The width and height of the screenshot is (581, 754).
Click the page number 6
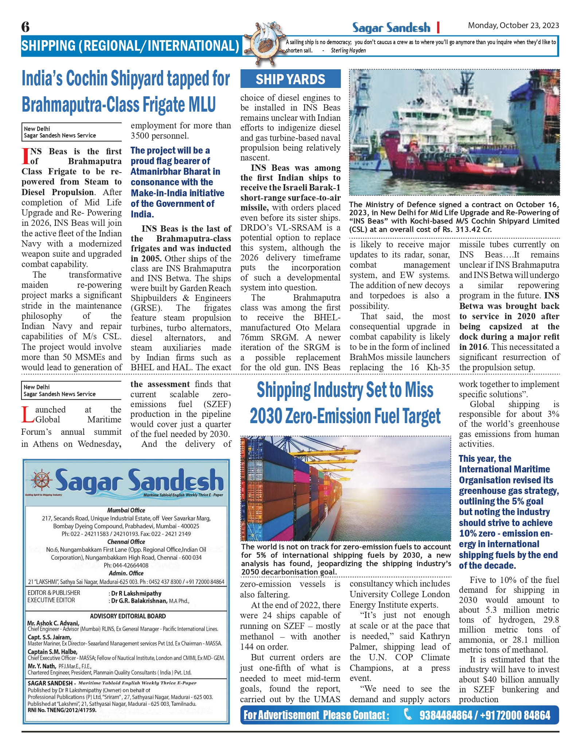pyautogui.click(x=25, y=27)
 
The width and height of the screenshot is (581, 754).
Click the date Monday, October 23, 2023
pyautogui.click(x=513, y=26)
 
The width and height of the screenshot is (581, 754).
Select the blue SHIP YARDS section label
pyautogui.click(x=290, y=79)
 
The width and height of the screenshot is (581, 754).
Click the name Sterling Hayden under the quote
pyautogui.click(x=348, y=50)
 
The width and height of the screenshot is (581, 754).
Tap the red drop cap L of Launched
pyautogui.click(x=27, y=415)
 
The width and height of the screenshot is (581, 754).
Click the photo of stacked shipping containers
pyautogui.click(x=345, y=488)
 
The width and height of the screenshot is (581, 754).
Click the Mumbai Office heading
pyautogui.click(x=126, y=510)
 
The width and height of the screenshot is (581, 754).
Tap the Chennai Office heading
pyautogui.click(x=126, y=542)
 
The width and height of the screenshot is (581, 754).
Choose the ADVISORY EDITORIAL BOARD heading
pyautogui.click(x=128, y=616)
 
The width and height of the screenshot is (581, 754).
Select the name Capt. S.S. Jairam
pyautogui.click(x=49, y=637)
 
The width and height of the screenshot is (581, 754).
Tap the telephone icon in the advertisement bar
pyautogui.click(x=408, y=715)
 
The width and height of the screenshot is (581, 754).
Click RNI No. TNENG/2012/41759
pyautogui.click(x=62, y=710)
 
